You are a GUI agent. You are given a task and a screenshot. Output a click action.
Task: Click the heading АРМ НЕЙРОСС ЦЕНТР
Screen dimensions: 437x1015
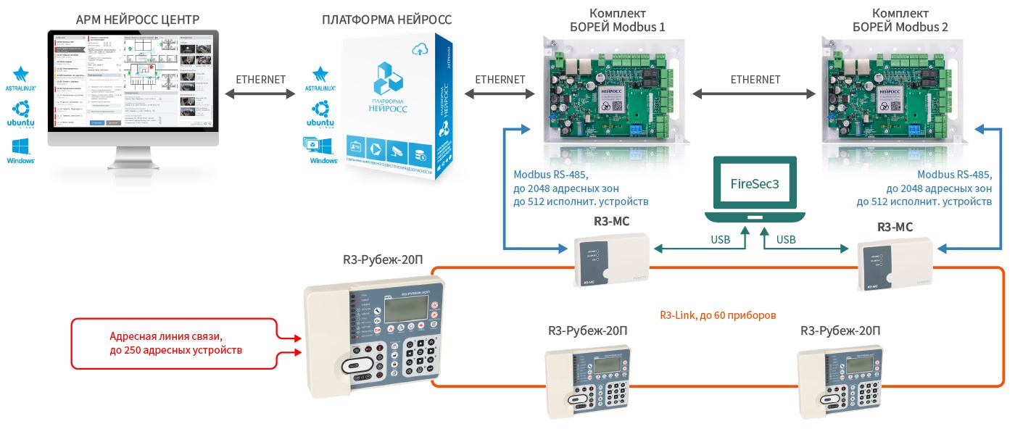click(x=132, y=19)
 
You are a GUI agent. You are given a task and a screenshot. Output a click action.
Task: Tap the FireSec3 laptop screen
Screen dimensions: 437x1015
click(x=755, y=184)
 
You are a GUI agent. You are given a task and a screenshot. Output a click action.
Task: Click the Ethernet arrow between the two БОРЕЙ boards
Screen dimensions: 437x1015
click(x=755, y=93)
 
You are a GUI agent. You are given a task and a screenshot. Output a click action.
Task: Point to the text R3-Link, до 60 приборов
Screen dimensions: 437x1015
click(x=718, y=315)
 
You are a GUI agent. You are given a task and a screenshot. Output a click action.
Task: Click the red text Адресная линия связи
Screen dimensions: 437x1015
click(x=165, y=337)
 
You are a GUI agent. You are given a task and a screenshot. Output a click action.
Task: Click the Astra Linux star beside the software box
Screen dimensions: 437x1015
click(x=320, y=75)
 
